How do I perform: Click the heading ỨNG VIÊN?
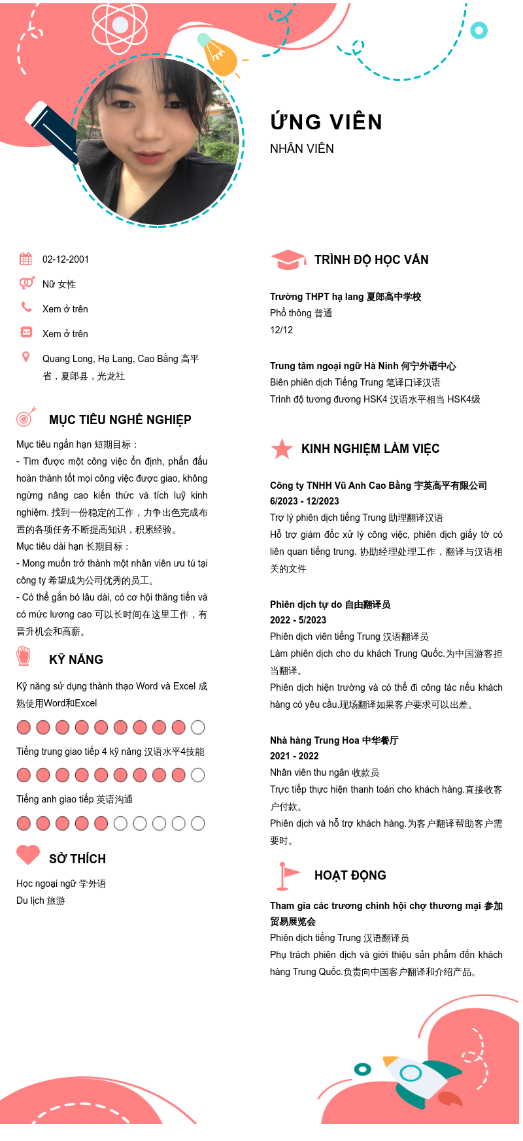pyautogui.click(x=326, y=122)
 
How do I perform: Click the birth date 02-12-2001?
pyautogui.click(x=65, y=259)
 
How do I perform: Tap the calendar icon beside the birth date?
pyautogui.click(x=25, y=259)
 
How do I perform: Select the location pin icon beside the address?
pyautogui.click(x=26, y=357)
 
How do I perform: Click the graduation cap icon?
pyautogui.click(x=288, y=259)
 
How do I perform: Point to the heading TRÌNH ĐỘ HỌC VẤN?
pyautogui.click(x=371, y=260)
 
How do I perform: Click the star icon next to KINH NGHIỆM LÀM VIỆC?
pyautogui.click(x=282, y=449)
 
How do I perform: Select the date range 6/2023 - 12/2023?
pyautogui.click(x=305, y=501)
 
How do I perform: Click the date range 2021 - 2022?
pyautogui.click(x=294, y=756)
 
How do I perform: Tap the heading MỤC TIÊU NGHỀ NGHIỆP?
pyautogui.click(x=120, y=420)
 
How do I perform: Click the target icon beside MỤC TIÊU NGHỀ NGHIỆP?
pyautogui.click(x=25, y=416)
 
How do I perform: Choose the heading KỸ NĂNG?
pyautogui.click(x=76, y=660)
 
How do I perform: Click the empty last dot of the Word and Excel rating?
pyautogui.click(x=198, y=727)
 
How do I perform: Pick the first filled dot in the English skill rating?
pyautogui.click(x=24, y=823)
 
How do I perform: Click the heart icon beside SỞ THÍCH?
pyautogui.click(x=28, y=855)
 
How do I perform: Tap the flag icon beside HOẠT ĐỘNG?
pyautogui.click(x=287, y=876)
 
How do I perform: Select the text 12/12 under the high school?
pyautogui.click(x=281, y=330)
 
